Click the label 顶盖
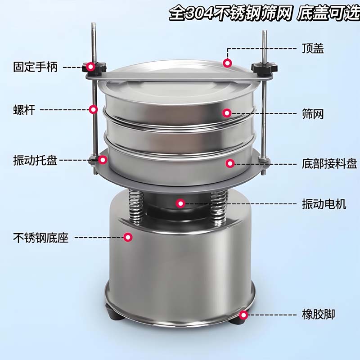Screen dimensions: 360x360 point(313,49)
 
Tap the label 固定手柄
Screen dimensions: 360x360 point(35,67)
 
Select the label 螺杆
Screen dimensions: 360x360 point(24,110)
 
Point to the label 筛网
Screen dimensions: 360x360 point(313,114)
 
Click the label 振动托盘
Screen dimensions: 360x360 point(35,160)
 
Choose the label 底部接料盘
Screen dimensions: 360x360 point(329,164)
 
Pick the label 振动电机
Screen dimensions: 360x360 point(324,204)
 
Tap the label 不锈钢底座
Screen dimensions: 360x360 point(41,238)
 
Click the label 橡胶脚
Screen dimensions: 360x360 point(318,314)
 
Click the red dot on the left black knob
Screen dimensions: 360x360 point(91,67)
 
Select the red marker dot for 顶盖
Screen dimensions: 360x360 point(227,63)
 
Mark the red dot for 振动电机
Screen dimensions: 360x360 point(180,203)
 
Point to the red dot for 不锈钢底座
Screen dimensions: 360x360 point(128,237)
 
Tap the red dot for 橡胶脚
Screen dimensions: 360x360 point(243,315)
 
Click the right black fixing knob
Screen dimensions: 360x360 point(264,68)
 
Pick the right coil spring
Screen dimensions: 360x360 point(218,208)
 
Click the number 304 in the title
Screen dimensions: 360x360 point(199,14)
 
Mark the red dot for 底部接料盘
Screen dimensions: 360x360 point(230,163)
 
